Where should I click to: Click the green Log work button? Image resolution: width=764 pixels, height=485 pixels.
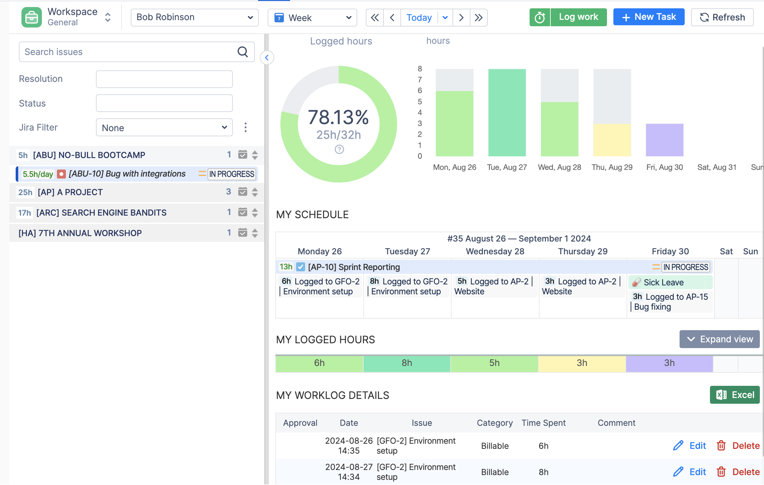tap(578, 17)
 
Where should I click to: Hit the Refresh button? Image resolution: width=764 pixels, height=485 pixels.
tap(722, 17)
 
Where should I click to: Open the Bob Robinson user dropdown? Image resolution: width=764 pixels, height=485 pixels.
tap(194, 17)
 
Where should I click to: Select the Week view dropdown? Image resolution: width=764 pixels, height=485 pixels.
tap(312, 18)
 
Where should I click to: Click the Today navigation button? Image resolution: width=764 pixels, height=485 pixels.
tap(419, 18)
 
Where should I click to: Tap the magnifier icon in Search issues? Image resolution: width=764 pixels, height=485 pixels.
tap(243, 52)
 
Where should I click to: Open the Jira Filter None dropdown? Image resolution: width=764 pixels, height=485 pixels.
tap(164, 128)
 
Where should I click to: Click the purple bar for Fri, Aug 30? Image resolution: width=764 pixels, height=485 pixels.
tap(664, 140)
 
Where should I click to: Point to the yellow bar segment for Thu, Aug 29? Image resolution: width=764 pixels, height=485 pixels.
tap(612, 140)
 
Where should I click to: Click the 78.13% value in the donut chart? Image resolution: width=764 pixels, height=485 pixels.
tap(338, 117)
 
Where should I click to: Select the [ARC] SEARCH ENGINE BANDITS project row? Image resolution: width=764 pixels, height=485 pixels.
tap(101, 213)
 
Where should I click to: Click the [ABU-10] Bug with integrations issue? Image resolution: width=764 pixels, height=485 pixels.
tap(127, 174)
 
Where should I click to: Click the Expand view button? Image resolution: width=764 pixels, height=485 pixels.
tap(719, 339)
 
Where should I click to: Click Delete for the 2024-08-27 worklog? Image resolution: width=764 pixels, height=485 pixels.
tap(738, 472)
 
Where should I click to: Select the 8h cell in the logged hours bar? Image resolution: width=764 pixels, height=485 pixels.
tap(406, 363)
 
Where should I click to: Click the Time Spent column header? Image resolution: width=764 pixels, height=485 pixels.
tap(543, 423)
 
